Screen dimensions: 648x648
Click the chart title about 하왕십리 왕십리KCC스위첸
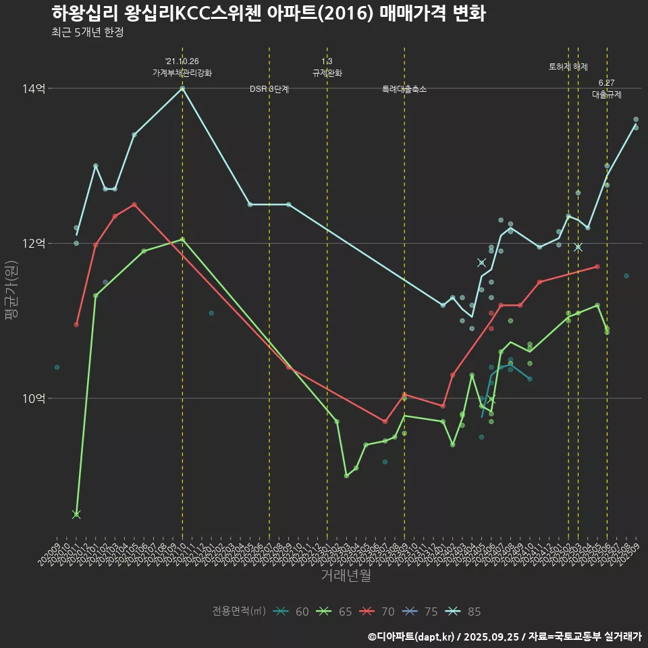(x=268, y=13)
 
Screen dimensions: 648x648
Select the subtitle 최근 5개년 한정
(x=87, y=32)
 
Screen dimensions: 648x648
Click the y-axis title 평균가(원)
(x=11, y=290)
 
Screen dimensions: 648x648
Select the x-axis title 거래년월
(x=346, y=576)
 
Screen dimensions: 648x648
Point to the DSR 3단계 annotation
(x=269, y=89)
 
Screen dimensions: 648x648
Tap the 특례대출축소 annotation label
(x=404, y=89)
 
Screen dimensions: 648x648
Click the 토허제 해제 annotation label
(x=568, y=67)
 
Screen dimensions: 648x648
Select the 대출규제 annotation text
(x=607, y=94)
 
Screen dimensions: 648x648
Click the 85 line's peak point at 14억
(x=182, y=88)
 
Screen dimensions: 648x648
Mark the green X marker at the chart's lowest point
(x=76, y=514)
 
